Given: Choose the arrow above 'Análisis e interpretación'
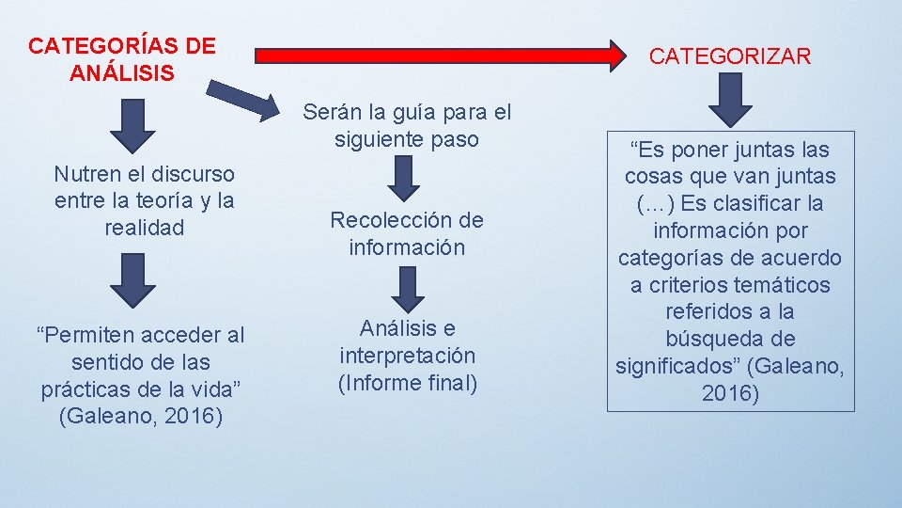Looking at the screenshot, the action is click(x=407, y=289).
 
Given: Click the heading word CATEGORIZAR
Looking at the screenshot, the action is click(x=730, y=56).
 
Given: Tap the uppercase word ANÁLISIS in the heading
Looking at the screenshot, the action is click(x=122, y=72).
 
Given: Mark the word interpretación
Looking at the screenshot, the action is click(x=407, y=356).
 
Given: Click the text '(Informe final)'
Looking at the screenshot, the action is click(x=407, y=383).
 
